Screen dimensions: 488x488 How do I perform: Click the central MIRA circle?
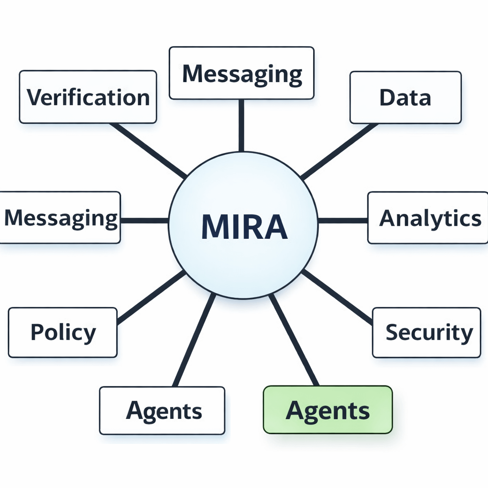243,225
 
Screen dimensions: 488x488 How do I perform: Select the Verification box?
88,97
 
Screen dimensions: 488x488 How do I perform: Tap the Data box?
406,97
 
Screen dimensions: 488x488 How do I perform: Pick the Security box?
427,332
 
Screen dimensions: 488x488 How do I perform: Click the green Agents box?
328,410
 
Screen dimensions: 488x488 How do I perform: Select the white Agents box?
162,410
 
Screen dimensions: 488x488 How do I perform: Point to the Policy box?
62,332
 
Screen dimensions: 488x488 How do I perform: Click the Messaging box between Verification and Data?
242,73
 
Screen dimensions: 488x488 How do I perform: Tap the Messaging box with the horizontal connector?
60,218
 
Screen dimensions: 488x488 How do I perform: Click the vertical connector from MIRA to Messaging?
241,125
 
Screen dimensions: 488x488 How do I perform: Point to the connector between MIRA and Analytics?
343,220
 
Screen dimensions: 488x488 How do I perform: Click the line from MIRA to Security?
337,297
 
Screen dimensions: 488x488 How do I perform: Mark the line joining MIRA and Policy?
151,297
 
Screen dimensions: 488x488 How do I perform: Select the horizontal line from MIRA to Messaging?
144,221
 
